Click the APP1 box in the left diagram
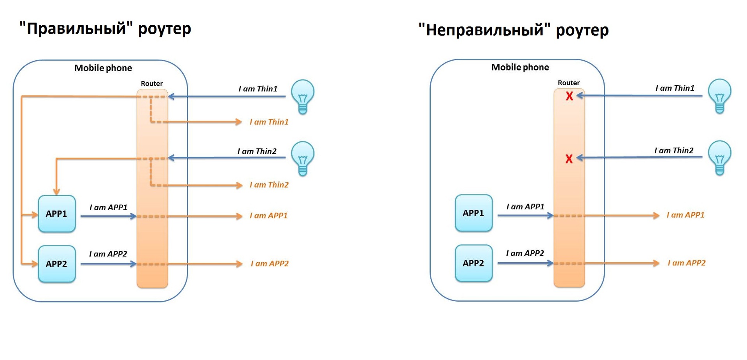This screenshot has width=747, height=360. point(57,214)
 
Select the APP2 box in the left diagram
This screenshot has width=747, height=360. point(57,264)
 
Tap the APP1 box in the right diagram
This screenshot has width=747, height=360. point(473,213)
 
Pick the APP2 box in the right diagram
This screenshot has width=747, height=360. point(473,263)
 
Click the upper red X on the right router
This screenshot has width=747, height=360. point(569,96)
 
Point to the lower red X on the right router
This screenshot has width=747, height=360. point(569,159)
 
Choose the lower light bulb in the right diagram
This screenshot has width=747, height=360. point(719,157)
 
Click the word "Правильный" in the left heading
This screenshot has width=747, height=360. point(76,29)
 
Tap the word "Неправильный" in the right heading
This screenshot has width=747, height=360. point(484,30)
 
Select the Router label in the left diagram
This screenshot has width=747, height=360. point(152,84)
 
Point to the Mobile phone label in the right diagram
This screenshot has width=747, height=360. point(520,67)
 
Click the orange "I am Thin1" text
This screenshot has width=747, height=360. point(269,122)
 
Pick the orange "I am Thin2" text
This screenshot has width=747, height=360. point(269,185)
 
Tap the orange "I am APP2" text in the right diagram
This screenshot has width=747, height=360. point(686,263)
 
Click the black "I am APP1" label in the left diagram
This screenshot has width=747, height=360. point(109,207)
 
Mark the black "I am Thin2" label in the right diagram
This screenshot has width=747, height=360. point(674,151)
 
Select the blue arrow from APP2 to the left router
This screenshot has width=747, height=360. point(108,264)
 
